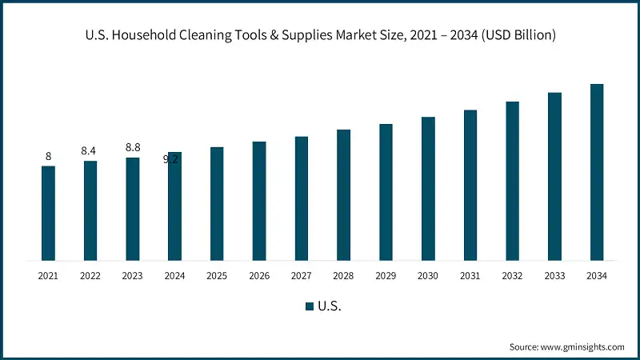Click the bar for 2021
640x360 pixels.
pos(48,213)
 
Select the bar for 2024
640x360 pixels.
pos(174,206)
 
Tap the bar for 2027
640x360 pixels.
pos(301,198)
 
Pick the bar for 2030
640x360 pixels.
pos(428,188)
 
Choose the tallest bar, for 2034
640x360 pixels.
pos(597,171)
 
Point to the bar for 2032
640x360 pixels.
pos(512,180)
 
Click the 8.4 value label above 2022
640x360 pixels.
pos(89,150)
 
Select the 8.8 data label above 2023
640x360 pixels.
pos(133,147)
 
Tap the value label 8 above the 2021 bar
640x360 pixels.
pos(48,156)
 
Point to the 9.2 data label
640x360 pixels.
pos(170,159)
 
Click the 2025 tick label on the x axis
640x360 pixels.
pos(217,276)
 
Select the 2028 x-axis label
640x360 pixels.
pos(343,276)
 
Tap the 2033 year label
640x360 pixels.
pos(554,276)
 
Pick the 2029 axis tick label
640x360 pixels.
pos(386,276)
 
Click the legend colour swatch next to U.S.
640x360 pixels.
pos(309,306)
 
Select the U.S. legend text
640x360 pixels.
pos(330,306)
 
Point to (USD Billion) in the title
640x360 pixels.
pos(516,35)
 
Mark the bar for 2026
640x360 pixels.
pos(259,201)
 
